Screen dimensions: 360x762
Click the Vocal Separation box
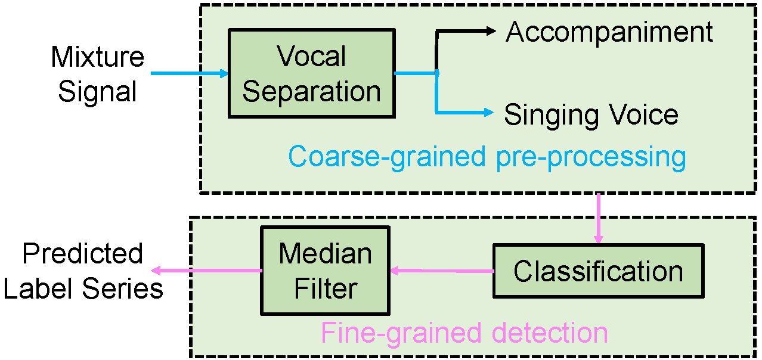coord(311,73)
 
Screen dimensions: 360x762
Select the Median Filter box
coord(325,271)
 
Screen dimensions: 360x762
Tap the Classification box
coord(598,271)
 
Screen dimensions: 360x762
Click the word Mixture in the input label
coord(97,57)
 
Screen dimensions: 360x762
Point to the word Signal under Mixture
coord(97,92)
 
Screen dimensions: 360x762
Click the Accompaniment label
coord(609,32)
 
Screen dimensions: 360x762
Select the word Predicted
coord(83,254)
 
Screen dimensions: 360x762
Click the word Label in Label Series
coord(39,288)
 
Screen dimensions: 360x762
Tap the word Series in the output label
coord(123,288)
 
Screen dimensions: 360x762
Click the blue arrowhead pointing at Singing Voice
coord(489,112)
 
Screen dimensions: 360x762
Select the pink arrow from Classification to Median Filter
coord(441,271)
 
